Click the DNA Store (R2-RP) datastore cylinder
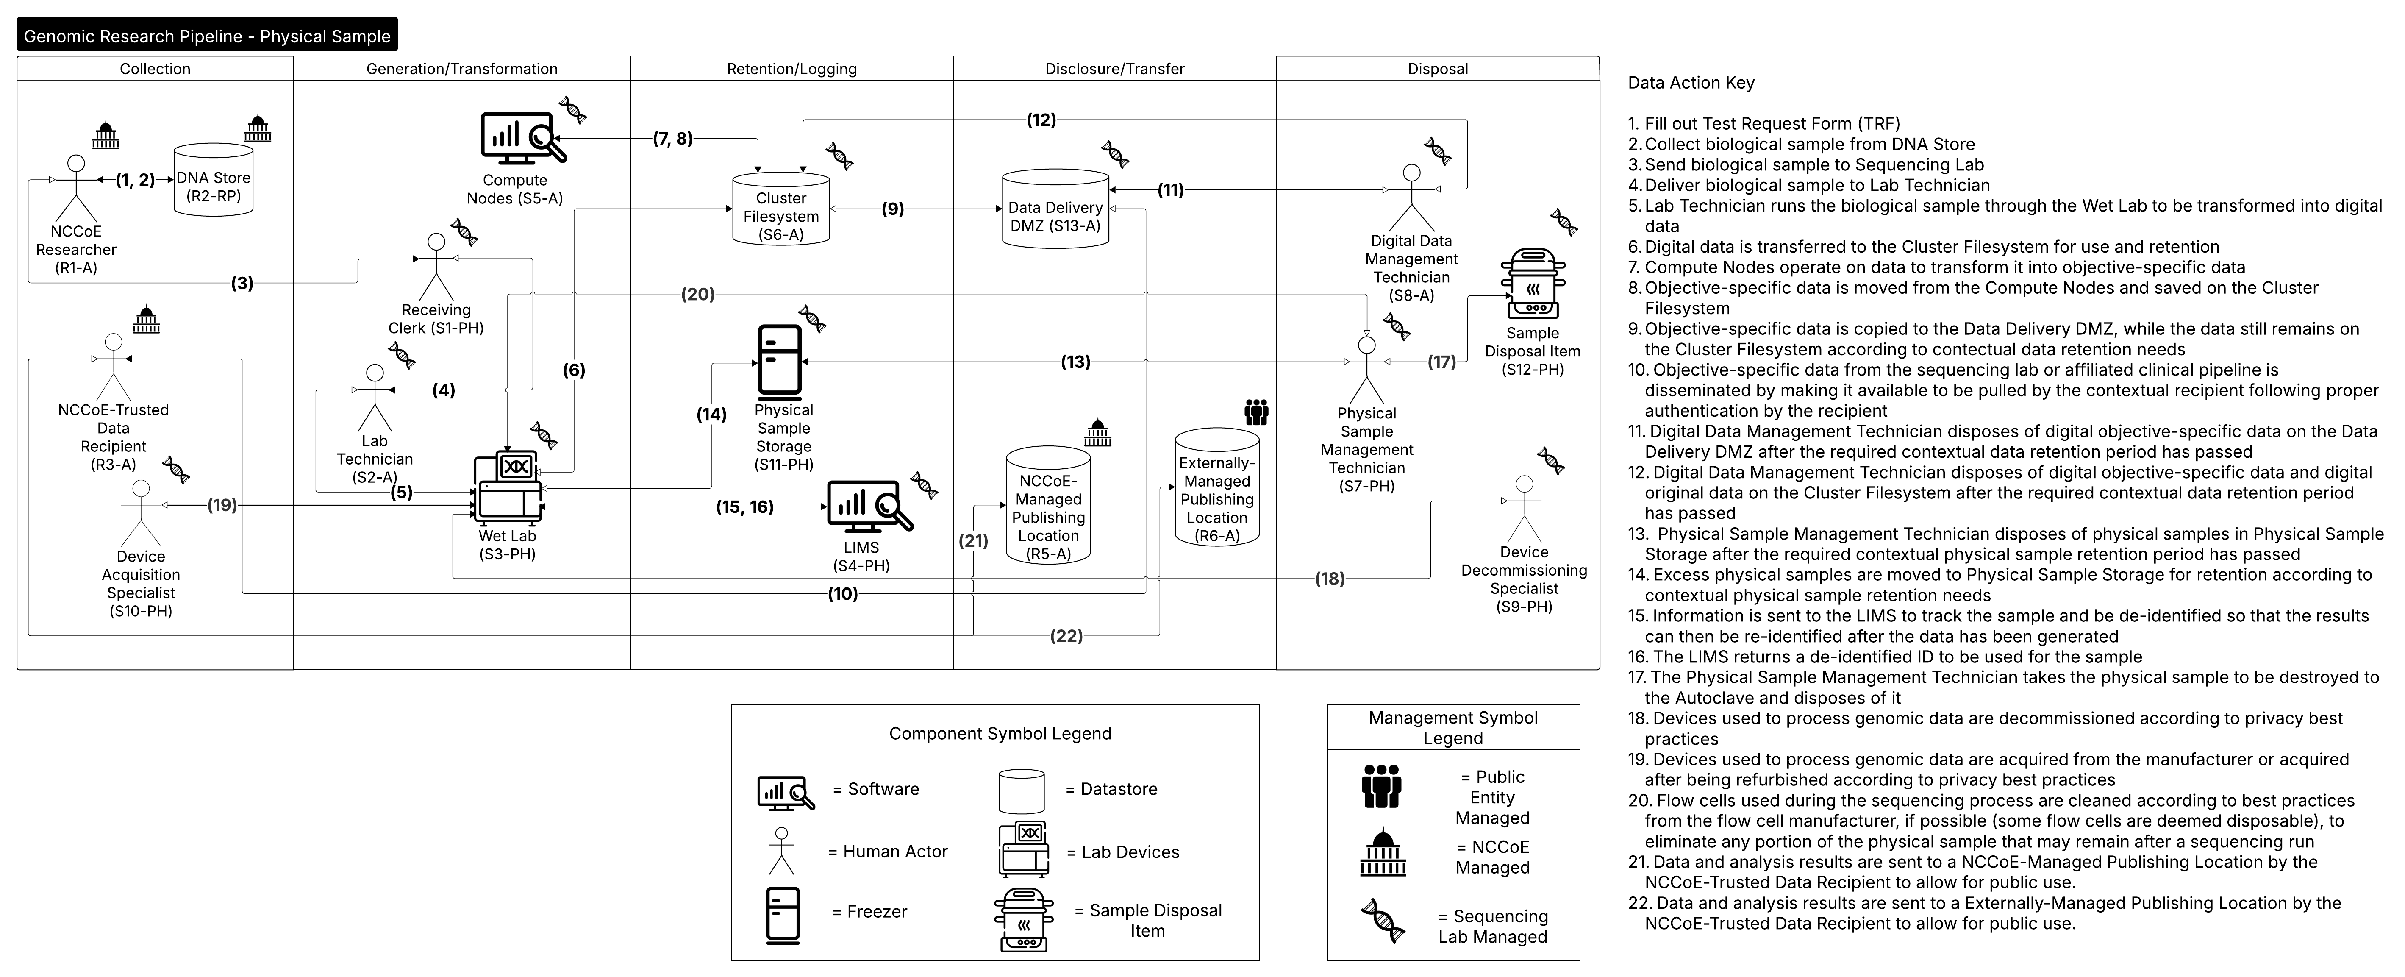click(214, 180)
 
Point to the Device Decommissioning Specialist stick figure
click(1524, 509)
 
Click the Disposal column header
click(1438, 68)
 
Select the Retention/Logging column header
click(791, 68)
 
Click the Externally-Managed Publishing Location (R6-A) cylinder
click(1216, 487)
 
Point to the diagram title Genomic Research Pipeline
click(207, 36)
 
